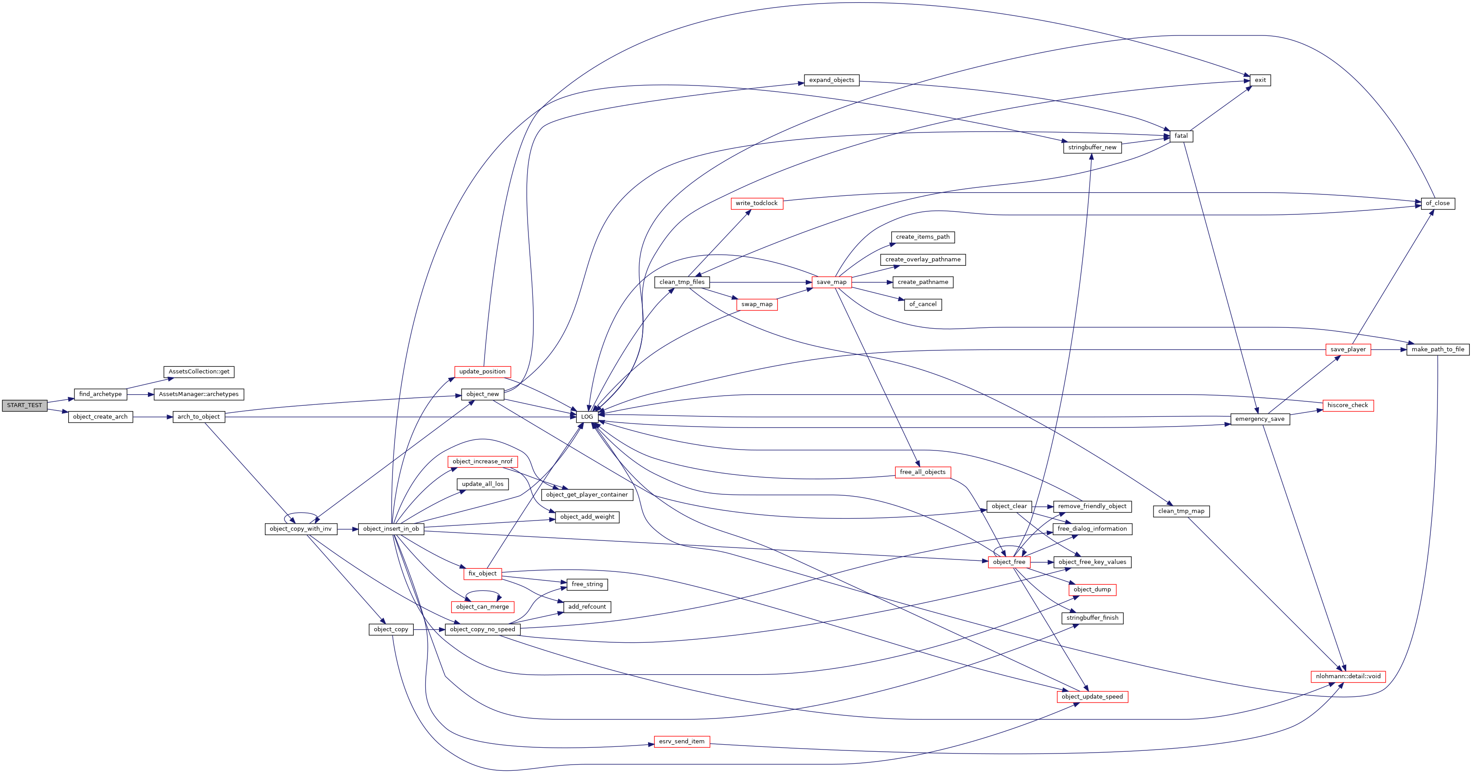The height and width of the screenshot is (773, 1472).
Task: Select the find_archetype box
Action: click(100, 394)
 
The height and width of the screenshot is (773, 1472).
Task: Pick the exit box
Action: click(1260, 81)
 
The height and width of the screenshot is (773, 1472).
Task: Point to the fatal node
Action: click(1181, 136)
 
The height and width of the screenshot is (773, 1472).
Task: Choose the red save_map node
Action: click(831, 282)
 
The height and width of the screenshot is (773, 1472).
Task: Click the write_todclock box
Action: click(757, 203)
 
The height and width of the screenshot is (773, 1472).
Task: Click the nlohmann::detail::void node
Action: click(1348, 676)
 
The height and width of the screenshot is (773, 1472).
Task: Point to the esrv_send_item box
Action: click(682, 742)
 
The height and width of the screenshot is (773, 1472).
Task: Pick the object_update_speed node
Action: click(1092, 697)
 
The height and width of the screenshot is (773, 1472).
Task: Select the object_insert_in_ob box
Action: click(391, 529)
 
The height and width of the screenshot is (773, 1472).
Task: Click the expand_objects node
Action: click(831, 81)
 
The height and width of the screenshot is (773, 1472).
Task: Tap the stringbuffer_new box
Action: click(1092, 148)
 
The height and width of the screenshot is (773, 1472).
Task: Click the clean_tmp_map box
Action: click(1181, 511)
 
